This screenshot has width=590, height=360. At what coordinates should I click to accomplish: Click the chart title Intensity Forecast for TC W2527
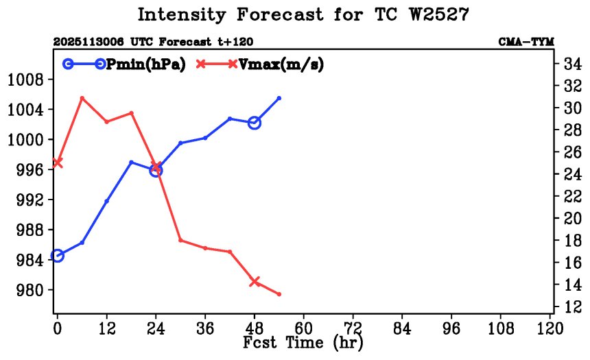click(303, 14)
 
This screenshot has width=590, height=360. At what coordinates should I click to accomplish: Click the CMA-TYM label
click(526, 42)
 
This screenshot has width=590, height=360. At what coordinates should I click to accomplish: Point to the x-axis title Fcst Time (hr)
click(303, 341)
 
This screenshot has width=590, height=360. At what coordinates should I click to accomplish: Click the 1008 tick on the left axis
click(25, 80)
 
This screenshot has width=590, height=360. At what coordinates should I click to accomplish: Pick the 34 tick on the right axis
click(574, 64)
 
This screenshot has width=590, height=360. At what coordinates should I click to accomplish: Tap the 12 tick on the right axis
click(574, 307)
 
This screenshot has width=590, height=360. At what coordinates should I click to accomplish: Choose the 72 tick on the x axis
click(353, 328)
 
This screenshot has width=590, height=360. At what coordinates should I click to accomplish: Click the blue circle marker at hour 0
click(58, 256)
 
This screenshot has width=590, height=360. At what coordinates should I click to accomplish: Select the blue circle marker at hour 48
click(255, 123)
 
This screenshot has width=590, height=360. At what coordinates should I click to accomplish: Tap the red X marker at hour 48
click(255, 281)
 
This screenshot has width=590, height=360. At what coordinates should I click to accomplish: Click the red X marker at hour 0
click(58, 163)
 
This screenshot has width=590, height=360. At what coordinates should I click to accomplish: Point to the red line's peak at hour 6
click(82, 98)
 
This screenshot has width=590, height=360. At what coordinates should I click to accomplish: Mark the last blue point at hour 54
click(279, 98)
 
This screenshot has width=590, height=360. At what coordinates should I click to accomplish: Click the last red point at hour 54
click(279, 294)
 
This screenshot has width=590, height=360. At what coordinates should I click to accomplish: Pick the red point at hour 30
click(180, 240)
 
